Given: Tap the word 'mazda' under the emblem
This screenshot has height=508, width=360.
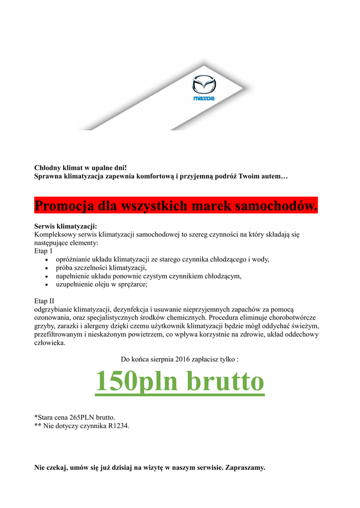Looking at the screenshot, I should tap(204, 99).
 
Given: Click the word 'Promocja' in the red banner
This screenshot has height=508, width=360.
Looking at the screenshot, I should tap(65, 205).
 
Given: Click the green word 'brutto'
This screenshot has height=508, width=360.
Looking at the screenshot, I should tap(226, 381).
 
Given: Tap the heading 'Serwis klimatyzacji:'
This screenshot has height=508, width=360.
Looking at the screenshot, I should tap(65, 226).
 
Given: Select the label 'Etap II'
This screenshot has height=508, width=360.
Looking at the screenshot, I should tap(44, 301).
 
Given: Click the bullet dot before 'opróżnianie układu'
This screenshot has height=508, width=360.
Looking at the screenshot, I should tap(46, 259).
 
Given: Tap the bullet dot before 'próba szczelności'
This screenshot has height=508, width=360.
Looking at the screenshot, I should tap(46, 268).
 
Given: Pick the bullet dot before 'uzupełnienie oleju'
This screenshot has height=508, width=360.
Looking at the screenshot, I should tap(46, 285).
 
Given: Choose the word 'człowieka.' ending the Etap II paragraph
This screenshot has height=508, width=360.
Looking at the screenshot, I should tap(49, 343).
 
